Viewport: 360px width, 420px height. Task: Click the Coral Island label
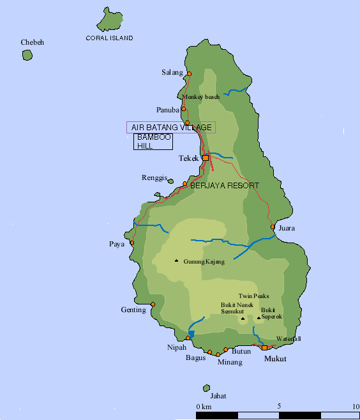pyautogui.click(x=109, y=38)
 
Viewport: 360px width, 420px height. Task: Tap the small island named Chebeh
pyautogui.click(x=27, y=55)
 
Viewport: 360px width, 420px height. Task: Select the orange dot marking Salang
pyautogui.click(x=188, y=73)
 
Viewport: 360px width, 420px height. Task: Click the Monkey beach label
pyautogui.click(x=201, y=97)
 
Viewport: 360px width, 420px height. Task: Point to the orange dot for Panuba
pyautogui.click(x=184, y=109)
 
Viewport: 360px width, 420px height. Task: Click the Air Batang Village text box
pyautogui.click(x=171, y=128)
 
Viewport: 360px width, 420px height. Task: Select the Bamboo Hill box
pyautogui.click(x=153, y=142)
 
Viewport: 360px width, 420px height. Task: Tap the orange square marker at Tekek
pyautogui.click(x=206, y=158)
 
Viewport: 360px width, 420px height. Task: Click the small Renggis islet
pyautogui.click(x=170, y=181)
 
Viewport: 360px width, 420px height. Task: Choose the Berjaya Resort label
pyautogui.click(x=225, y=185)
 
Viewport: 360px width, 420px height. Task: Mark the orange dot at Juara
pyautogui.click(x=273, y=227)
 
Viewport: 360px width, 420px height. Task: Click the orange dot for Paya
pyautogui.click(x=132, y=243)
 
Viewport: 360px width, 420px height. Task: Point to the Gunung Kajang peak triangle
pyautogui.click(x=177, y=260)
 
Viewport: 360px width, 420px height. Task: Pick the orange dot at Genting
pyautogui.click(x=153, y=311)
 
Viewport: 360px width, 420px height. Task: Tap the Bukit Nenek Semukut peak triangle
pyautogui.click(x=243, y=318)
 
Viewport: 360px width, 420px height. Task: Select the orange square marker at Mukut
pyautogui.click(x=265, y=347)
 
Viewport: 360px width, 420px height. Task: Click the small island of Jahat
pyautogui.click(x=206, y=388)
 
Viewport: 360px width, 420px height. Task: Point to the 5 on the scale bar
pyautogui.click(x=278, y=406)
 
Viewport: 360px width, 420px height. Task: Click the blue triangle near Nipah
pyautogui.click(x=191, y=334)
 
